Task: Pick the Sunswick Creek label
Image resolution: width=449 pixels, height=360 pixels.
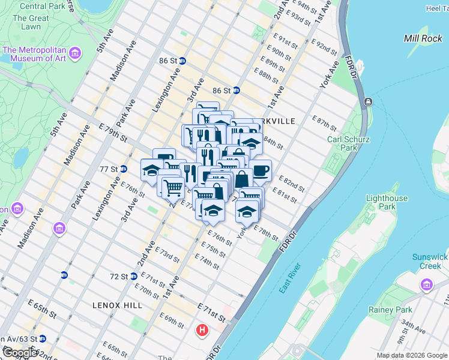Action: click(430, 261)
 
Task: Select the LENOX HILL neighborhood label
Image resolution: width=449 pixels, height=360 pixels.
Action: click(117, 305)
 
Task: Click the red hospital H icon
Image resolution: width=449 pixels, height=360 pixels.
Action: click(203, 330)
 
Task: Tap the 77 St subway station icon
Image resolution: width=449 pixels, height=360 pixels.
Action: click(123, 169)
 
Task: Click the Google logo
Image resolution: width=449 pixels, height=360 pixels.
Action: click(20, 353)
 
